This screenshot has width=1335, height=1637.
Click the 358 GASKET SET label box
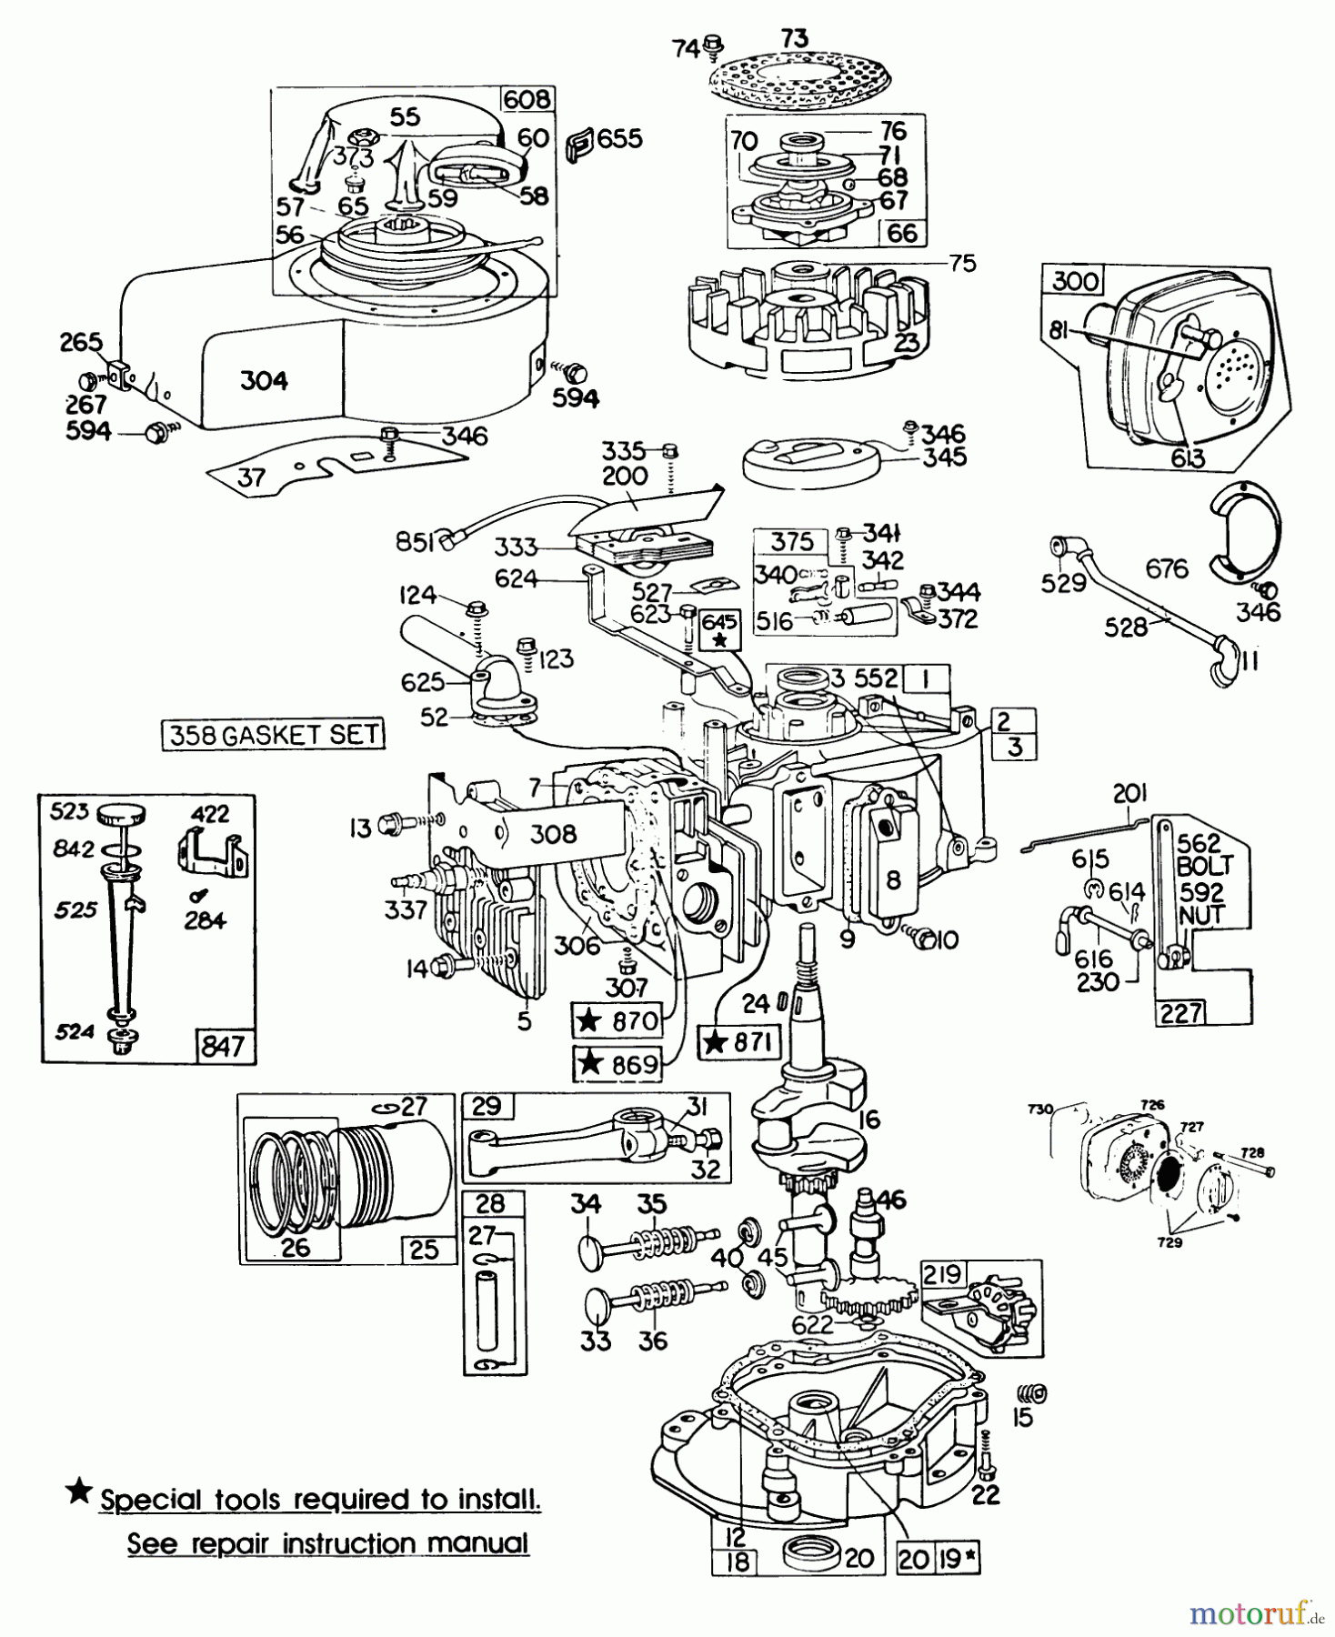point(273,734)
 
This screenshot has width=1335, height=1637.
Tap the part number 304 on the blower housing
point(264,380)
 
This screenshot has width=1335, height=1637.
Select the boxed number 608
point(527,99)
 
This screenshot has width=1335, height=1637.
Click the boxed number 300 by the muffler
point(1075,280)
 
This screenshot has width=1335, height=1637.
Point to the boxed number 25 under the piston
point(425,1249)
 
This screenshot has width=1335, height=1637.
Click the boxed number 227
point(1180,1012)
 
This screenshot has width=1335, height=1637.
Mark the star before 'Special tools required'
point(80,1492)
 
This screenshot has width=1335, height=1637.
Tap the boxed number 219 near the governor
point(942,1274)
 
